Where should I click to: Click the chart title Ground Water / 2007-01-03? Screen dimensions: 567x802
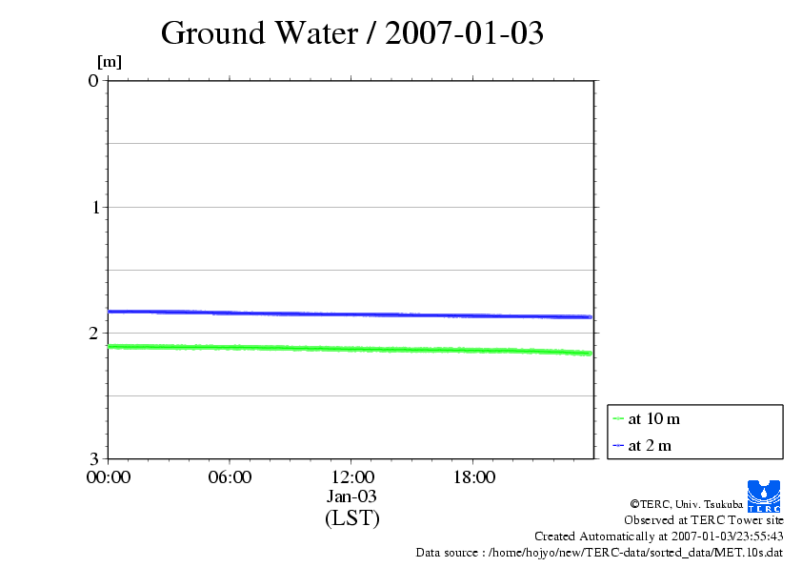click(x=352, y=33)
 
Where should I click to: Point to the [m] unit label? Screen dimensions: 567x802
click(x=110, y=63)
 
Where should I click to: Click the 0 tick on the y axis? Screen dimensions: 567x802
click(x=93, y=80)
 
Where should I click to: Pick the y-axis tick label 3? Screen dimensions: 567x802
click(x=93, y=458)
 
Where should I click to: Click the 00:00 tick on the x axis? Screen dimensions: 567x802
click(x=108, y=477)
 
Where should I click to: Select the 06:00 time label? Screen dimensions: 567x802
click(x=230, y=477)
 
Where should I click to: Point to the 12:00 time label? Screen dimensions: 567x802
click(x=351, y=477)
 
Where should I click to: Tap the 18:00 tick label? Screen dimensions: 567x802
click(x=473, y=477)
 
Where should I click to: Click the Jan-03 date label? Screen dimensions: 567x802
click(x=351, y=496)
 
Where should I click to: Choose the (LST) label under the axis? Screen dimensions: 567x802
click(x=351, y=518)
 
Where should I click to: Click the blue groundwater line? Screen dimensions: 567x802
click(x=351, y=314)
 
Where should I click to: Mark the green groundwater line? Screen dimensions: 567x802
click(x=351, y=349)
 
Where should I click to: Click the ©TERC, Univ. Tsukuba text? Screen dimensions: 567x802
click(x=687, y=503)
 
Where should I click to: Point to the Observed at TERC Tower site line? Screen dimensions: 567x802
click(x=704, y=520)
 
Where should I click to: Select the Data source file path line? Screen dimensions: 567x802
click(x=599, y=552)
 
